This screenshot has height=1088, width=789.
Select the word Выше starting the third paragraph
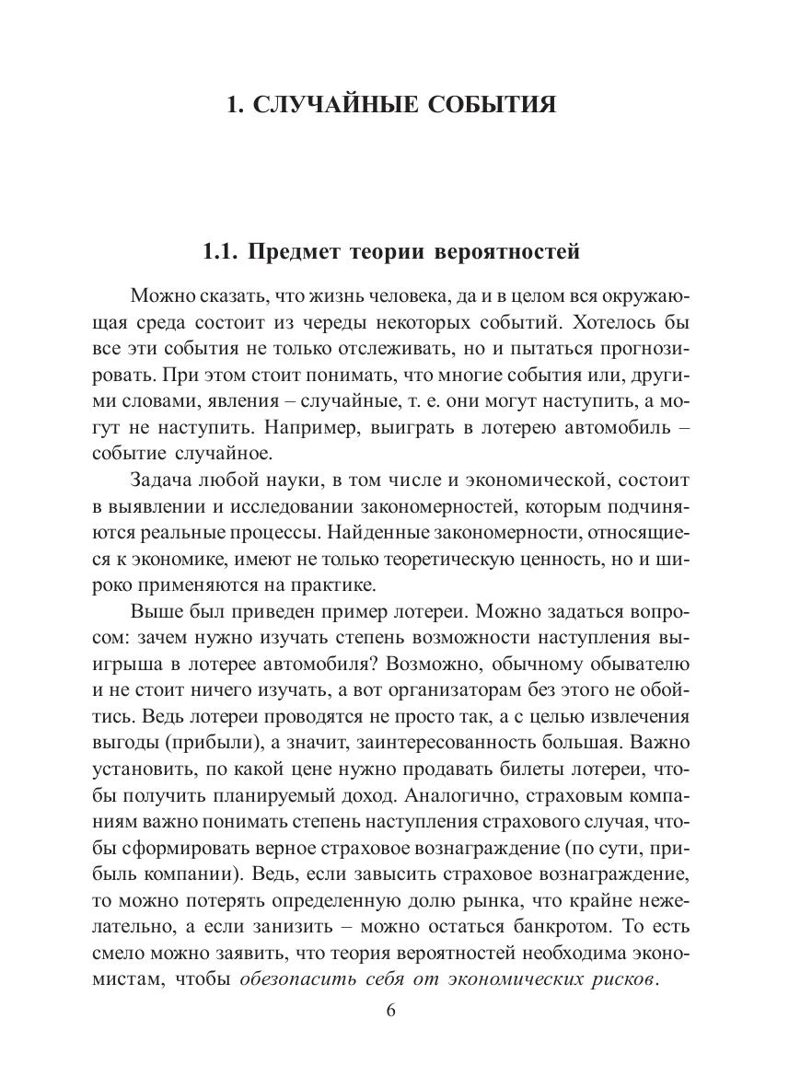(x=156, y=610)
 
